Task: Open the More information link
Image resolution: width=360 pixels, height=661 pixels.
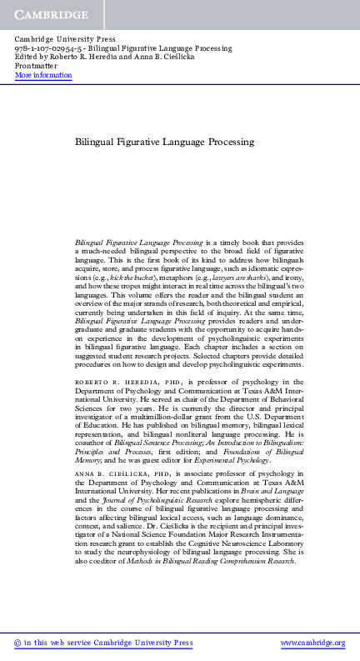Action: tap(43, 76)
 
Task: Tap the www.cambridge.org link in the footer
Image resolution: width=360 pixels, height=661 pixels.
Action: tap(312, 643)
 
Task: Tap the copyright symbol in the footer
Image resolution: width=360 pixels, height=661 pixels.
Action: tap(18, 643)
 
